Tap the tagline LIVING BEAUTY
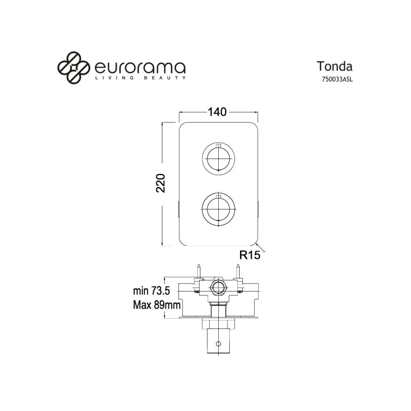pyautogui.click(x=140, y=78)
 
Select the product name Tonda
pyautogui.click(x=335, y=66)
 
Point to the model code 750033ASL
pyautogui.click(x=337, y=80)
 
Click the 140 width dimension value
pyautogui.click(x=217, y=112)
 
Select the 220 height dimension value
pyautogui.click(x=161, y=183)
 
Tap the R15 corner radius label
pyautogui.click(x=250, y=255)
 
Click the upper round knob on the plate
pyautogui.click(x=218, y=159)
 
